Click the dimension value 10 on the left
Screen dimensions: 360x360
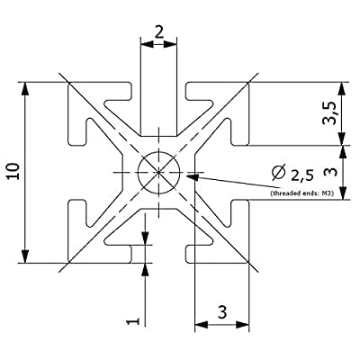(14, 171)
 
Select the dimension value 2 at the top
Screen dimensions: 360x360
(159, 32)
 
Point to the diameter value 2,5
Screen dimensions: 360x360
(302, 175)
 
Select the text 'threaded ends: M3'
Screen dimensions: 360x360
(302, 193)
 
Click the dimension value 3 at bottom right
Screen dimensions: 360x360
(222, 312)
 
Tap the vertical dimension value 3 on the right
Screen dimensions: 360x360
(330, 172)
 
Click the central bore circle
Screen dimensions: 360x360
(158, 152)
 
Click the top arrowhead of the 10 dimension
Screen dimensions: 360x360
(25, 89)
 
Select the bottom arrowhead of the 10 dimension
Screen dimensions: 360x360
(25, 256)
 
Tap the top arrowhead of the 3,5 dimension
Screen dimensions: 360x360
(342, 89)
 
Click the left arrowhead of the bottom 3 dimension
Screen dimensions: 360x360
(202, 324)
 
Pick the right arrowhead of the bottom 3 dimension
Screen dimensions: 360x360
(242, 324)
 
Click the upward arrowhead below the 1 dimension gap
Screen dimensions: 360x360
(145, 270)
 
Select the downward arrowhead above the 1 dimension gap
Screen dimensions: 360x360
(145, 238)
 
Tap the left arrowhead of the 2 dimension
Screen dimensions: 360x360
(148, 44)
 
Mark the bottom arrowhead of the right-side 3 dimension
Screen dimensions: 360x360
(342, 193)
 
